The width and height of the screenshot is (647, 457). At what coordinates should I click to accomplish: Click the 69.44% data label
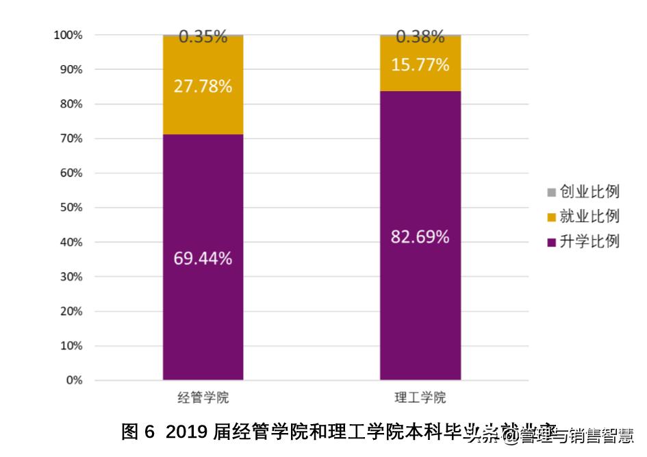(203, 259)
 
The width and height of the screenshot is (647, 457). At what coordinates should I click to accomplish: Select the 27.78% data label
(203, 87)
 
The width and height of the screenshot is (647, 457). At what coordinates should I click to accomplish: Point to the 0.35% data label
(203, 37)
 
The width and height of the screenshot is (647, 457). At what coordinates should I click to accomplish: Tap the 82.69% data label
(420, 238)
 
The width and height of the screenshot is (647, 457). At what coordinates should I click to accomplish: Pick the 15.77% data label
(420, 65)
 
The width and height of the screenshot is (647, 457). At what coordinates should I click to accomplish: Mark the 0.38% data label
(420, 37)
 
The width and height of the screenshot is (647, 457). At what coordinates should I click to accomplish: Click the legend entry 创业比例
(589, 192)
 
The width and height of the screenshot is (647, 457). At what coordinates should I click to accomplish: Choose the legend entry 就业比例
(589, 217)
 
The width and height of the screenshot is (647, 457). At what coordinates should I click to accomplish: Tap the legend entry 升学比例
(589, 241)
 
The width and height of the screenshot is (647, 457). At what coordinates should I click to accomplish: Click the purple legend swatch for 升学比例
(552, 242)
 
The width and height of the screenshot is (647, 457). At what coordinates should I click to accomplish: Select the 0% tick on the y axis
(74, 380)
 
